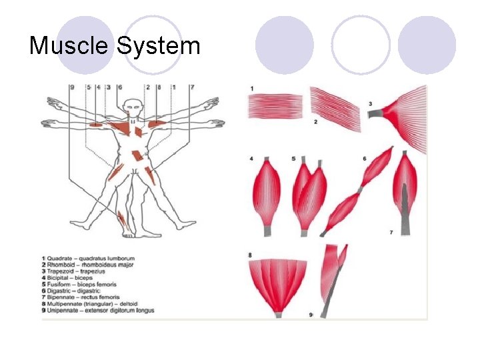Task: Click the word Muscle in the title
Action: tap(70, 46)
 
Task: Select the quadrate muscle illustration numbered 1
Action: tap(275, 106)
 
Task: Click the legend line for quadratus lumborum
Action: tap(89, 258)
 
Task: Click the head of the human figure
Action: tap(135, 107)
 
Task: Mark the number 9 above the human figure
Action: tap(71, 87)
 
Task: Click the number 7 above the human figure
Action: tap(192, 87)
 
